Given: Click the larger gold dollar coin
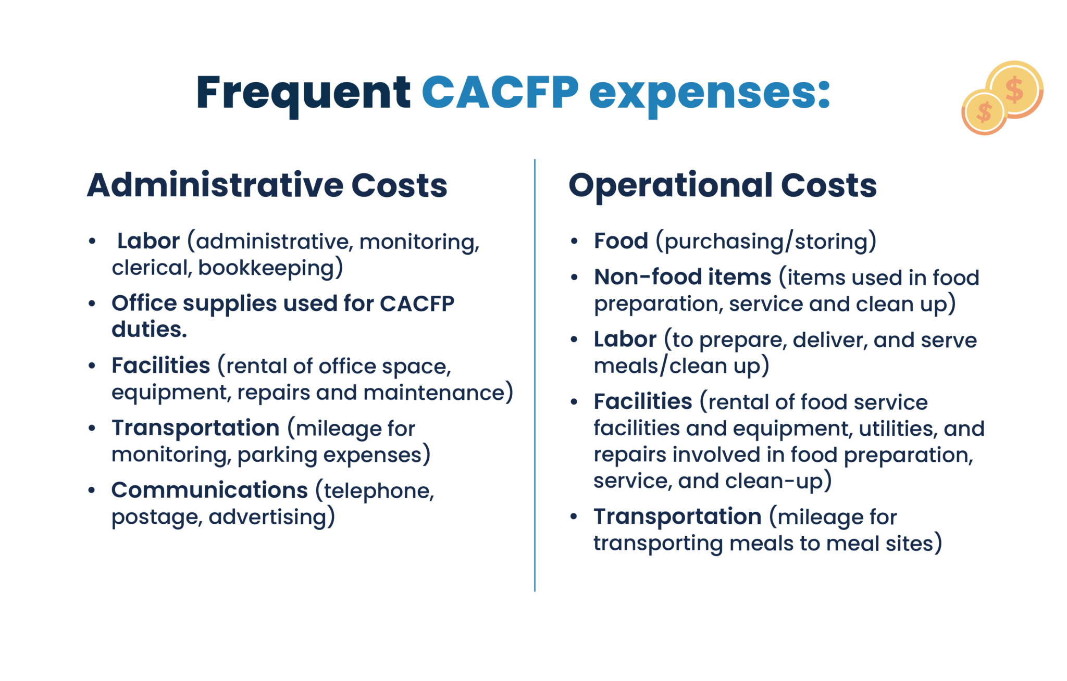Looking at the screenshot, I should (x=1014, y=89).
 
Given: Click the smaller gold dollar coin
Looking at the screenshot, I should (x=984, y=112).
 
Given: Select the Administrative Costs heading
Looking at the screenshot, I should (x=267, y=185).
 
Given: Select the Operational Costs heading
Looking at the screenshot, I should (x=723, y=185).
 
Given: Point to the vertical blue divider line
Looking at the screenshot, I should (x=535, y=375).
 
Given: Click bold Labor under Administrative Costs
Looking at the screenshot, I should (x=148, y=241).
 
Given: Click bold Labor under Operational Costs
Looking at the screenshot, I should (x=625, y=339).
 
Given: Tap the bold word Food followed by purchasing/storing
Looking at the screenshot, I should (x=621, y=241).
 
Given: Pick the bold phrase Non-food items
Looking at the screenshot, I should (x=683, y=277).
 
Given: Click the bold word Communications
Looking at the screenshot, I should (x=209, y=490).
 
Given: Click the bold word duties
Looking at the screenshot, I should (x=149, y=329).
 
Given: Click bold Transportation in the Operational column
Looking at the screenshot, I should (x=677, y=516).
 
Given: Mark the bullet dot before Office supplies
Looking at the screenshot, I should (x=92, y=304).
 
